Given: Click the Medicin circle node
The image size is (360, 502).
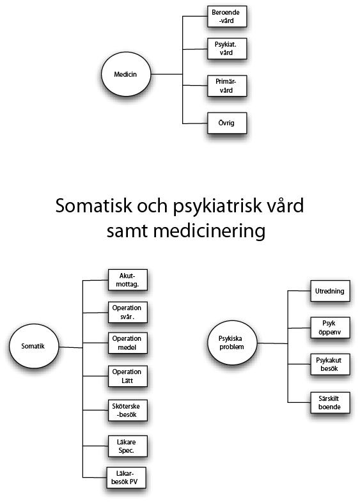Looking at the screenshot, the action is click(x=126, y=74).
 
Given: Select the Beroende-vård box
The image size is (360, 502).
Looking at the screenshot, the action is click(x=227, y=17).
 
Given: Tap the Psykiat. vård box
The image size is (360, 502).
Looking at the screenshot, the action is click(x=227, y=49).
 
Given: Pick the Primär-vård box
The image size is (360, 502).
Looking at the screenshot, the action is click(x=227, y=86).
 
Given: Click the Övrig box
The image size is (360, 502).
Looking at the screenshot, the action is click(x=227, y=123).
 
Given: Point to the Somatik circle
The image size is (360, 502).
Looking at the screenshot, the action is click(x=34, y=346).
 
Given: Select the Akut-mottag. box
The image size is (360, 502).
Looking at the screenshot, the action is click(x=128, y=280).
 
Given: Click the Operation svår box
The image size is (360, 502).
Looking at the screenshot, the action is click(x=128, y=312).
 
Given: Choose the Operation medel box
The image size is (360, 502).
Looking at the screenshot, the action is click(x=128, y=343).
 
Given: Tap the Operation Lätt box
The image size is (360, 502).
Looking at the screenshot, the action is click(x=128, y=376).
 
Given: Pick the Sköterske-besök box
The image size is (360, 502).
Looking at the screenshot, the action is click(x=128, y=410).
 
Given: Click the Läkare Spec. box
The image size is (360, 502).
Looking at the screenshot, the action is click(x=128, y=446).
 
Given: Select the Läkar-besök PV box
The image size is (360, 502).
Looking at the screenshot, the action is click(x=127, y=478).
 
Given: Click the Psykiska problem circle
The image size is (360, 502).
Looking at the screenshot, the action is click(x=232, y=343).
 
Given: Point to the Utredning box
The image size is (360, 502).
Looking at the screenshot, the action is click(x=330, y=291).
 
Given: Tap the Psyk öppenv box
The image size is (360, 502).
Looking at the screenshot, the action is click(x=330, y=327).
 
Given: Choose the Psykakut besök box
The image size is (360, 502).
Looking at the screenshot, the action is click(x=330, y=365).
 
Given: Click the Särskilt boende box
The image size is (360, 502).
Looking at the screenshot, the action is click(x=330, y=402).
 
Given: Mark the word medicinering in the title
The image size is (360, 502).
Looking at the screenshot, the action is click(x=209, y=231).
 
